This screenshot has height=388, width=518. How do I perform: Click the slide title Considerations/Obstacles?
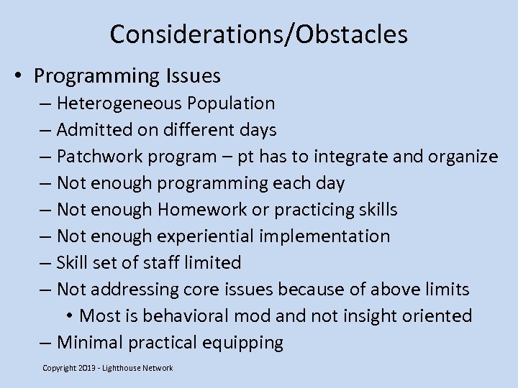pos(259,34)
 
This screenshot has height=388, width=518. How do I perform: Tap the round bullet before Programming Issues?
pos(20,76)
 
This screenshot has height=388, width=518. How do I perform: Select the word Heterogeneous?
pos(119,103)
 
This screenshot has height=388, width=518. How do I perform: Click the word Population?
pos(231,103)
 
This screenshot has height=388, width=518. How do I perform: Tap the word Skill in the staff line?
pos(71,263)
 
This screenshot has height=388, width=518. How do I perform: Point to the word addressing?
pos(132,290)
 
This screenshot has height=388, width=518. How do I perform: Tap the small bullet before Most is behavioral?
pos(70,317)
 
